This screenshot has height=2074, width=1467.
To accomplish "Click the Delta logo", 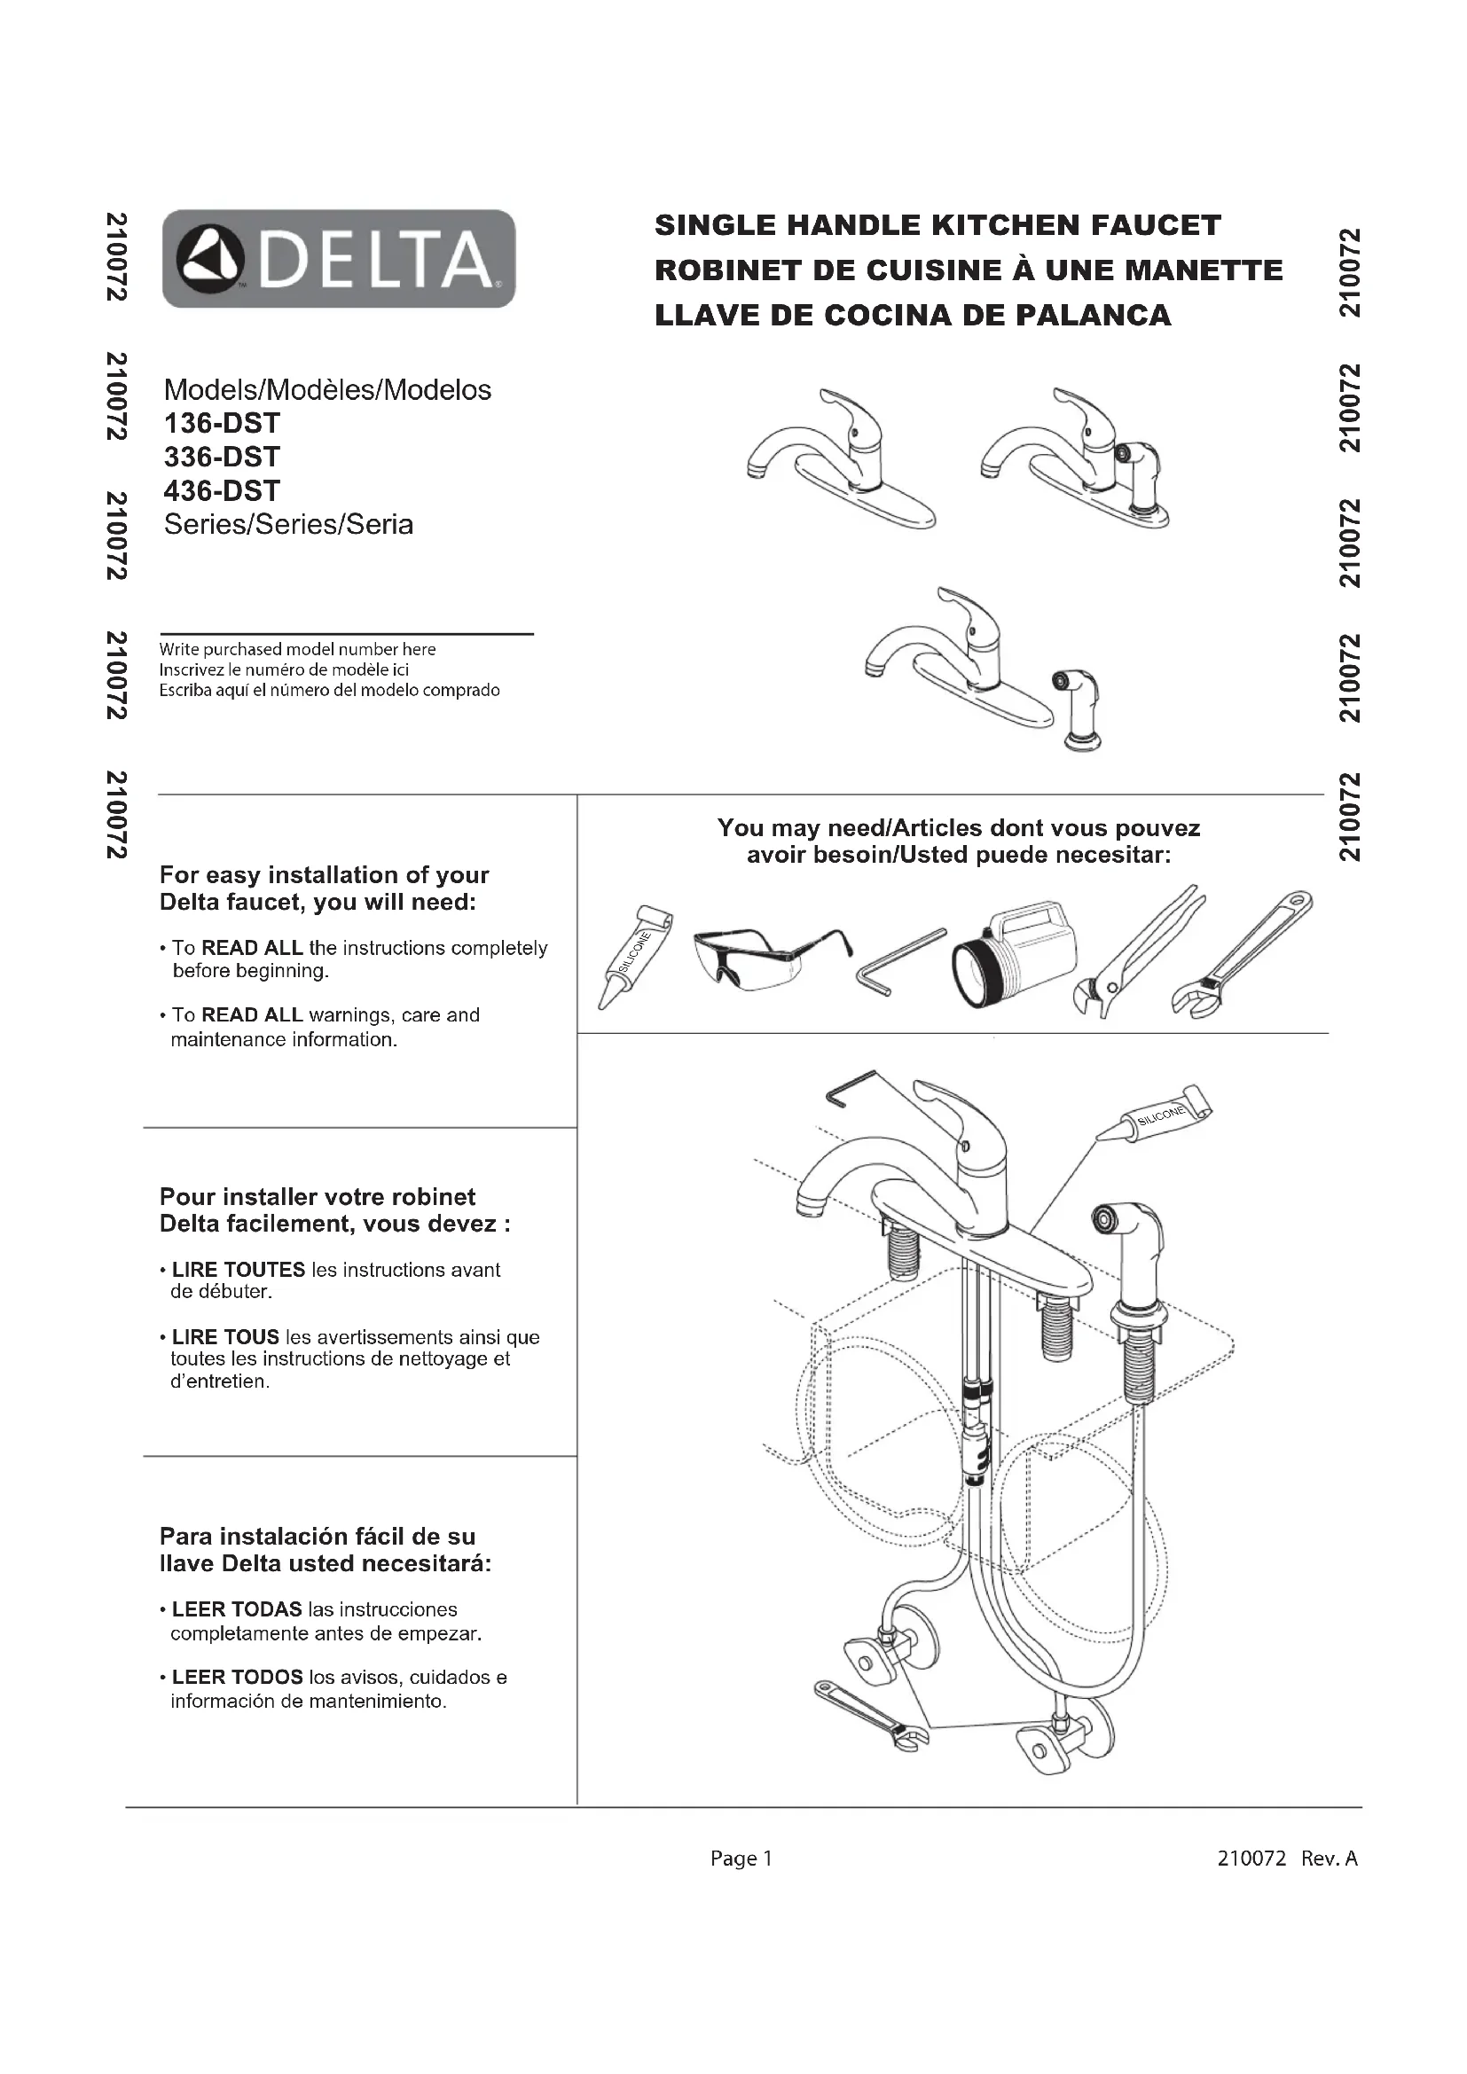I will (339, 258).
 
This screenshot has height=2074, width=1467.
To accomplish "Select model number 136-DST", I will (223, 423).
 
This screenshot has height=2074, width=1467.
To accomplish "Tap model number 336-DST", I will (223, 456).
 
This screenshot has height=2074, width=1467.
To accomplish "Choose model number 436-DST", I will (223, 490).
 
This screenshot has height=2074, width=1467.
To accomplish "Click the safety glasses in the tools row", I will (768, 958).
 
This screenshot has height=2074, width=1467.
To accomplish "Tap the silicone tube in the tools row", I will (635, 956).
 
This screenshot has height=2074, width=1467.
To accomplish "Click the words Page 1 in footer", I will (741, 1859).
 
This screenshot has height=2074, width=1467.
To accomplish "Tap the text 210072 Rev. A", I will (1287, 1859).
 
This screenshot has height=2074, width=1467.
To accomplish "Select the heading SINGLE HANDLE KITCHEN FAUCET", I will (937, 225).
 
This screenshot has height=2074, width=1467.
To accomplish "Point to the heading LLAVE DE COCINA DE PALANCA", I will (913, 316).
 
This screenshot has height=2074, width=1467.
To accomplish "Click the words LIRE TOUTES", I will (239, 1269).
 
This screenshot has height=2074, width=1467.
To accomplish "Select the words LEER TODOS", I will (237, 1678).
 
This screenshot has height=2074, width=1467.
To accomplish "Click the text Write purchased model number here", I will (298, 649).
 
